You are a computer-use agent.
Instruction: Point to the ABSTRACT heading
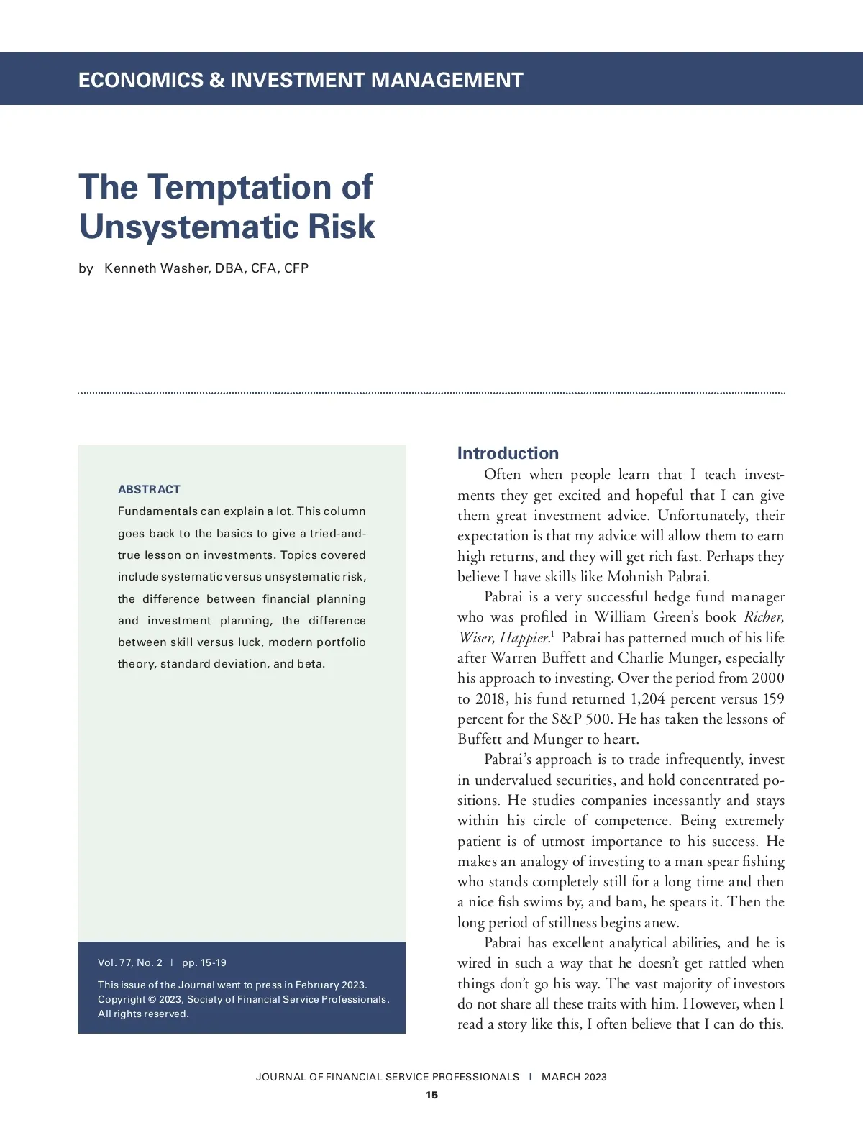(149, 489)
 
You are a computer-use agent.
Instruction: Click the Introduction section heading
(508, 453)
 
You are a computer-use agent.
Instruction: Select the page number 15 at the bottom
(431, 1095)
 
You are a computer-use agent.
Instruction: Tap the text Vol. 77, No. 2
(130, 962)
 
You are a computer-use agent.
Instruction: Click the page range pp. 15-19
(204, 962)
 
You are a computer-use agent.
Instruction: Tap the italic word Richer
(764, 616)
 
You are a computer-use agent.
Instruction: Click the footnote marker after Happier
(552, 634)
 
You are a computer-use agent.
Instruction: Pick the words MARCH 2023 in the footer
(574, 1077)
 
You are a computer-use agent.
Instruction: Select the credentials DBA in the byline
(230, 268)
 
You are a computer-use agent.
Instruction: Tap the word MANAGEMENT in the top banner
(447, 79)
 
